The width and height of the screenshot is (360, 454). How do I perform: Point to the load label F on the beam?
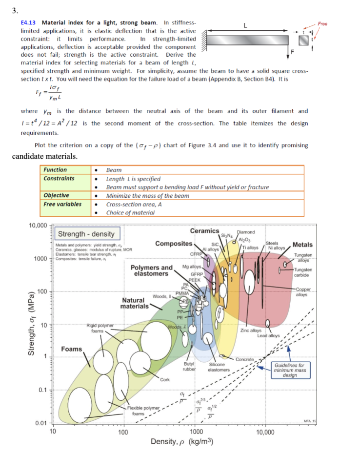293,51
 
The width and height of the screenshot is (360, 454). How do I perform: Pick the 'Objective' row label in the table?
56,195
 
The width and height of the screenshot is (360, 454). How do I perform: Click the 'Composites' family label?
173,243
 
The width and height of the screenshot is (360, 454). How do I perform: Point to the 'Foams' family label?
71,349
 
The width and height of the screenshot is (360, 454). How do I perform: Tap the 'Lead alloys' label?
268,336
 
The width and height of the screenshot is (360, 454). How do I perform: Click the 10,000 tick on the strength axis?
38,225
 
